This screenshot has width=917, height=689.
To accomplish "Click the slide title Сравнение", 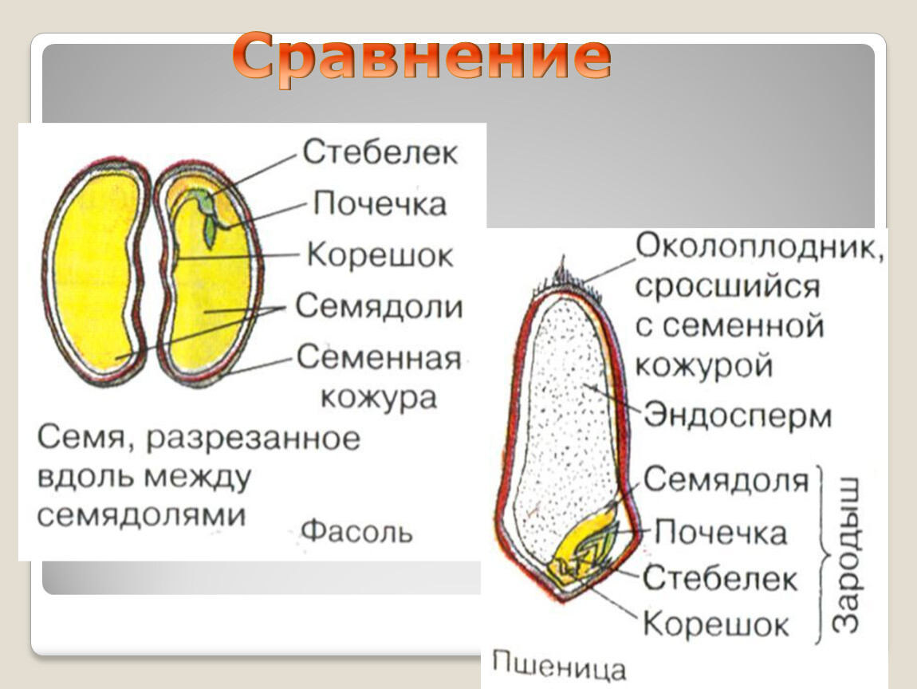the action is (422, 56).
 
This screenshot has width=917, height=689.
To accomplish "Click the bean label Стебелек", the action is (380, 152).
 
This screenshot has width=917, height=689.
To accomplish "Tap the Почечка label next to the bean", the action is (380, 203).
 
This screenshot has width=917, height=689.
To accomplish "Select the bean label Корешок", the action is (380, 255).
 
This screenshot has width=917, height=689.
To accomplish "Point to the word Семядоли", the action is (379, 306).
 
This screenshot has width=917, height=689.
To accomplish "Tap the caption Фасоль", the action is (356, 531).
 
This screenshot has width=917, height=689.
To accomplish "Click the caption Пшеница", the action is (558, 666).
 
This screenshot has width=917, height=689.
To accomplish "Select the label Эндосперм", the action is (738, 415).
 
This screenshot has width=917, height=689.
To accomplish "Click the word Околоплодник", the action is (758, 247).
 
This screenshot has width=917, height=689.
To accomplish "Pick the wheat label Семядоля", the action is (726, 479).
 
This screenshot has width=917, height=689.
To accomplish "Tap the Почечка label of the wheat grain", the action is (721, 532).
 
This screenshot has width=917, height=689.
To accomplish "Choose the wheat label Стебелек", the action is (720, 578).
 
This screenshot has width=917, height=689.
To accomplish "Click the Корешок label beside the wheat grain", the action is (716, 624).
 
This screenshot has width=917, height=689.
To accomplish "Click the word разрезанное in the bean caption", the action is (254, 439).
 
